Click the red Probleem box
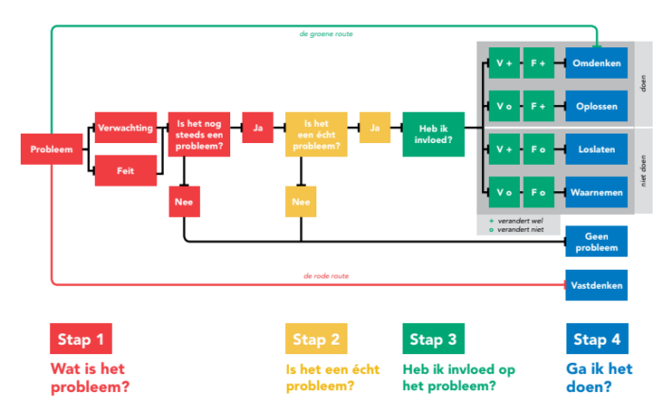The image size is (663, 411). [51, 150]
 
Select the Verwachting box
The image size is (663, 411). [126, 127]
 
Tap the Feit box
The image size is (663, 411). [126, 170]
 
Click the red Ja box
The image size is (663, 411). [258, 127]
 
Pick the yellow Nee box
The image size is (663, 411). [301, 201]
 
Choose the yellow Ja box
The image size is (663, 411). [375, 127]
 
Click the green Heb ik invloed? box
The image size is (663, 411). [435, 134]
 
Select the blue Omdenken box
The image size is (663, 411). [597, 63]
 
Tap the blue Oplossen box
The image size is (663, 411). [597, 105]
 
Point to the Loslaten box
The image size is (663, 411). [597, 150]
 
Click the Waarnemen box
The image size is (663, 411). [597, 192]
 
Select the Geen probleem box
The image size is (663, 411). [597, 241]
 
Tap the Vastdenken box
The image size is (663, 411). [597, 284]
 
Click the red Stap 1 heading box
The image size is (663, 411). [81, 339]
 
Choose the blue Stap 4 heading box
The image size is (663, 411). [597, 339]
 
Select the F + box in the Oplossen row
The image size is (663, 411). [538, 105]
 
